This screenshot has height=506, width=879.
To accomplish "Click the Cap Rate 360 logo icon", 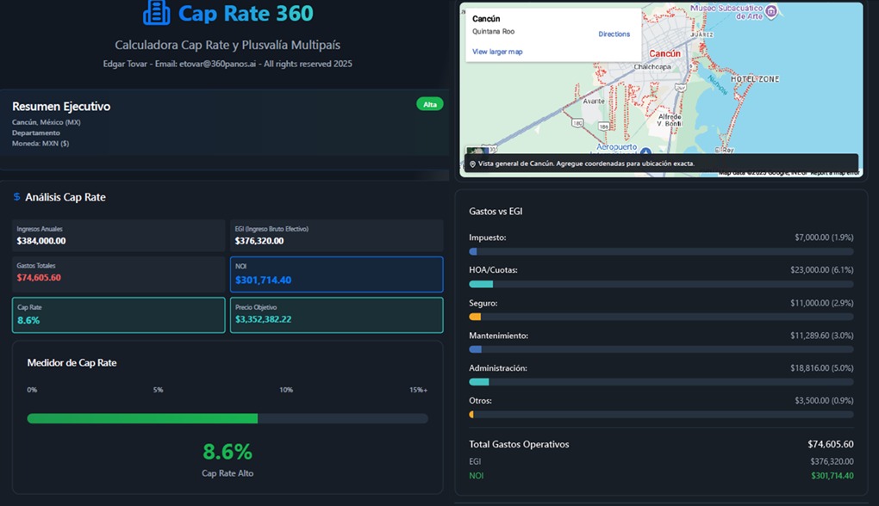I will (156, 13).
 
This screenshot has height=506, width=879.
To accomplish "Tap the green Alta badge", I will (430, 104).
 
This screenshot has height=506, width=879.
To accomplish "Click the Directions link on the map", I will (614, 34).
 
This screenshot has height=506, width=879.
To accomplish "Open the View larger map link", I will (497, 52).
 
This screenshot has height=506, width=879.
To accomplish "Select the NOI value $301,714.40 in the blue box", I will (263, 281).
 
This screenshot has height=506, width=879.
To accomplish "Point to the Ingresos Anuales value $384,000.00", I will (41, 241).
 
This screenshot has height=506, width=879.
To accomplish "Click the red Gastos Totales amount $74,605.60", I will (39, 278).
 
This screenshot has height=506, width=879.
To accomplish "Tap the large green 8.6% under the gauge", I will (228, 452).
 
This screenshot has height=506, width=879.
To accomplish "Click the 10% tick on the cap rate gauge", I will (286, 390).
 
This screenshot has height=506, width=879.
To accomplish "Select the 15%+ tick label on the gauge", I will (418, 390).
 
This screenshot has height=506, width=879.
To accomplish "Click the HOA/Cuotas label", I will (493, 270).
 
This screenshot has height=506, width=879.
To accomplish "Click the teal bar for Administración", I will (479, 382).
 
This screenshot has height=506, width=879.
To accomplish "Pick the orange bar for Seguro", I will (475, 317).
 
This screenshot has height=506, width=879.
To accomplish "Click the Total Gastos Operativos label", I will (519, 444).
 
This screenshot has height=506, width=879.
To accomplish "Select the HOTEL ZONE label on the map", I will (754, 79).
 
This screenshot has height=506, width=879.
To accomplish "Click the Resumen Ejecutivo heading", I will (61, 107).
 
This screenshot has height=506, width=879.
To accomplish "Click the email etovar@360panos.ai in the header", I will (216, 64).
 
